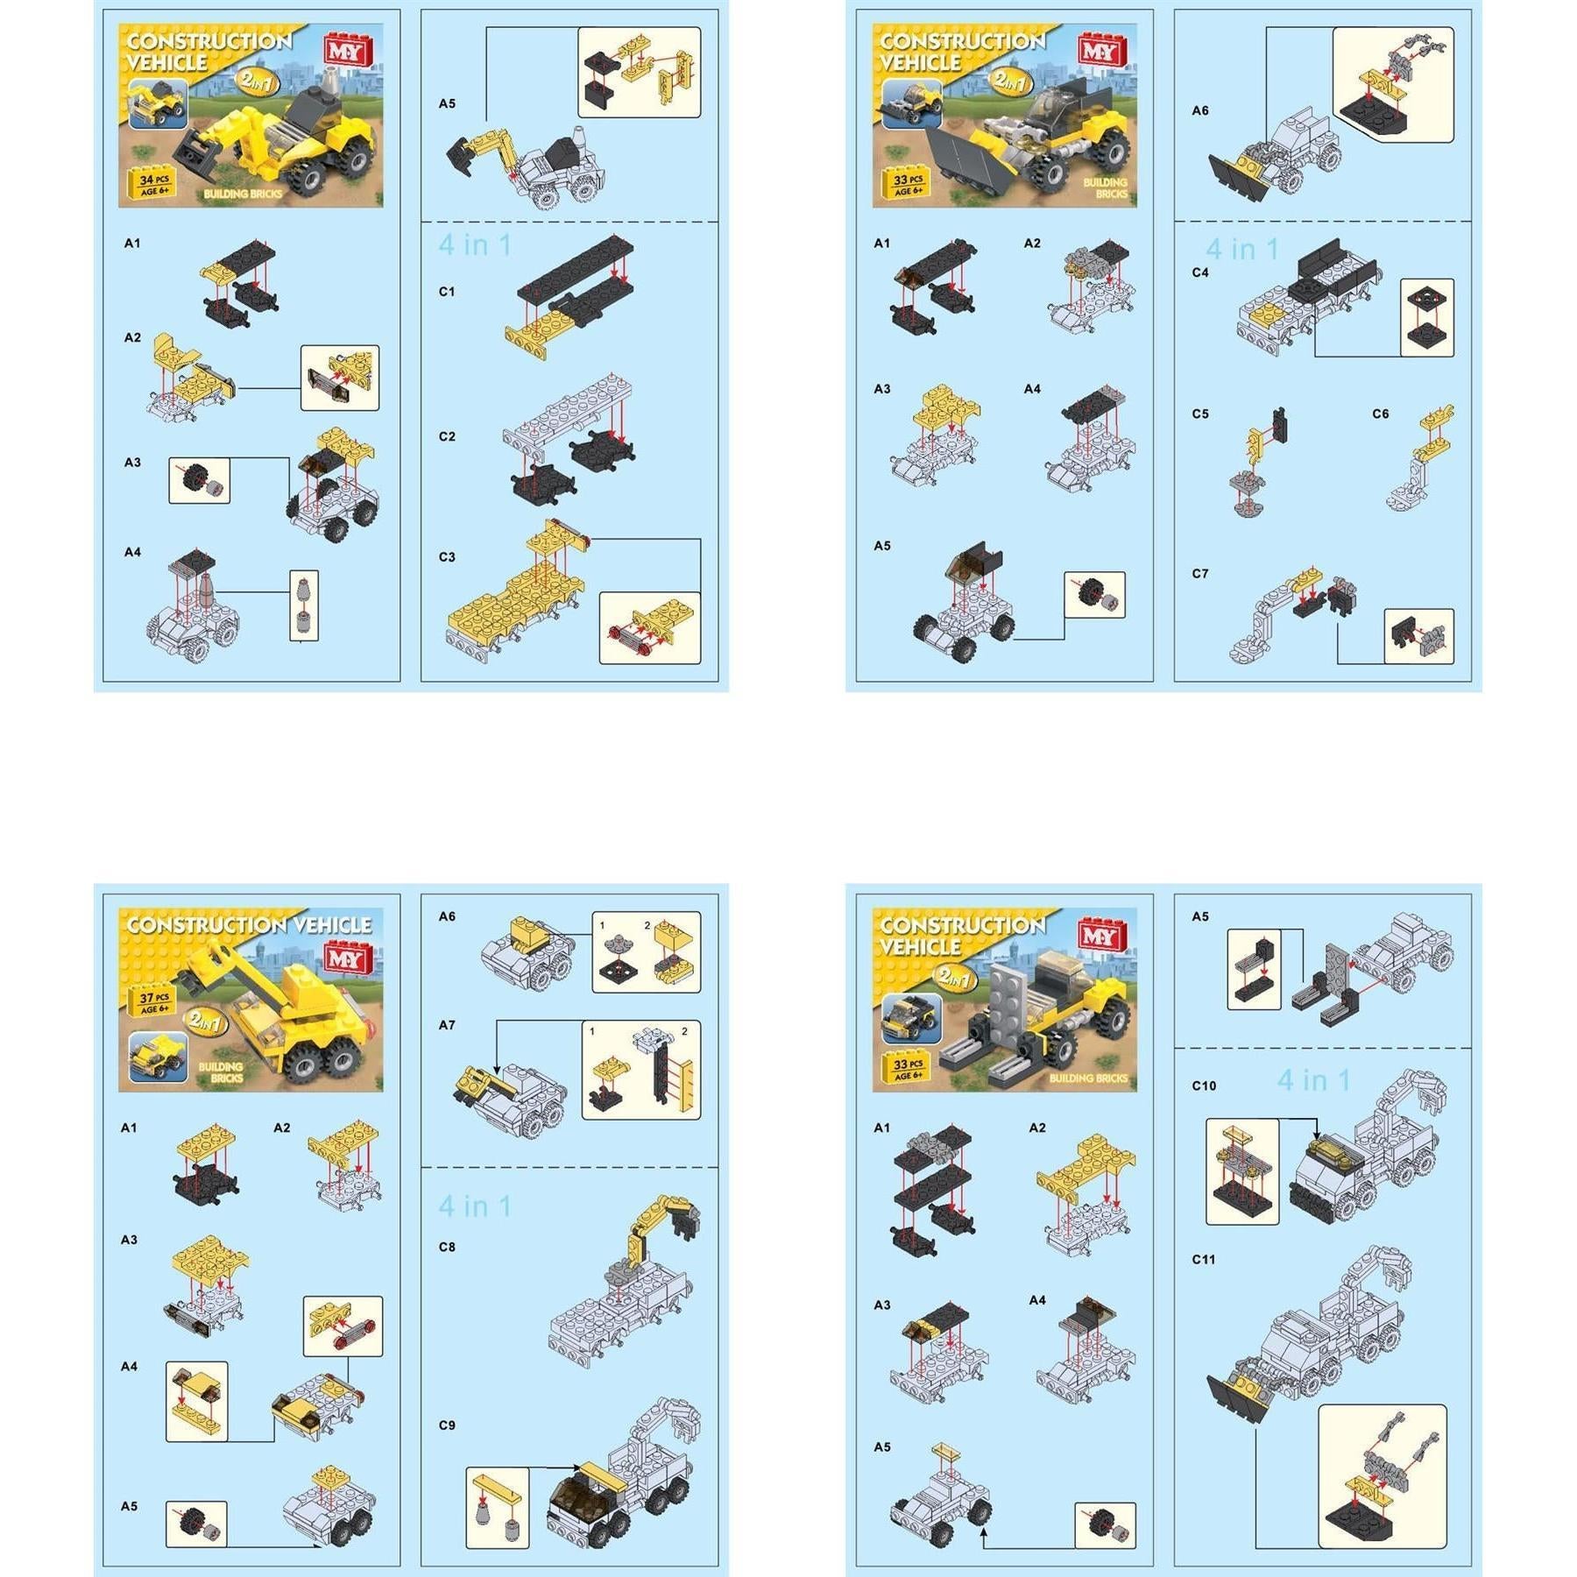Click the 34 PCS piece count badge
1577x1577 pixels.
pos(154,184)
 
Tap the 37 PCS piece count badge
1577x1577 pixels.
pos(154,1002)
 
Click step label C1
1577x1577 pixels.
pos(447,292)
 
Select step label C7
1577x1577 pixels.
pos(1199,574)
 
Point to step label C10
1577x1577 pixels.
pos(1203,1086)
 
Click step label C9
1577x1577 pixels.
pos(447,1425)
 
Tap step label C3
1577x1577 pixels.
pos(447,557)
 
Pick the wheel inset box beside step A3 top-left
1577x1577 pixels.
pos(199,480)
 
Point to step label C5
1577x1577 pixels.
pos(1199,414)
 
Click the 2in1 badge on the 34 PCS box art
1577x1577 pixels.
pos(258,81)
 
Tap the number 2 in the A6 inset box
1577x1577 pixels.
pos(647,925)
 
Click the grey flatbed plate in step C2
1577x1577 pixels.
pos(569,412)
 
